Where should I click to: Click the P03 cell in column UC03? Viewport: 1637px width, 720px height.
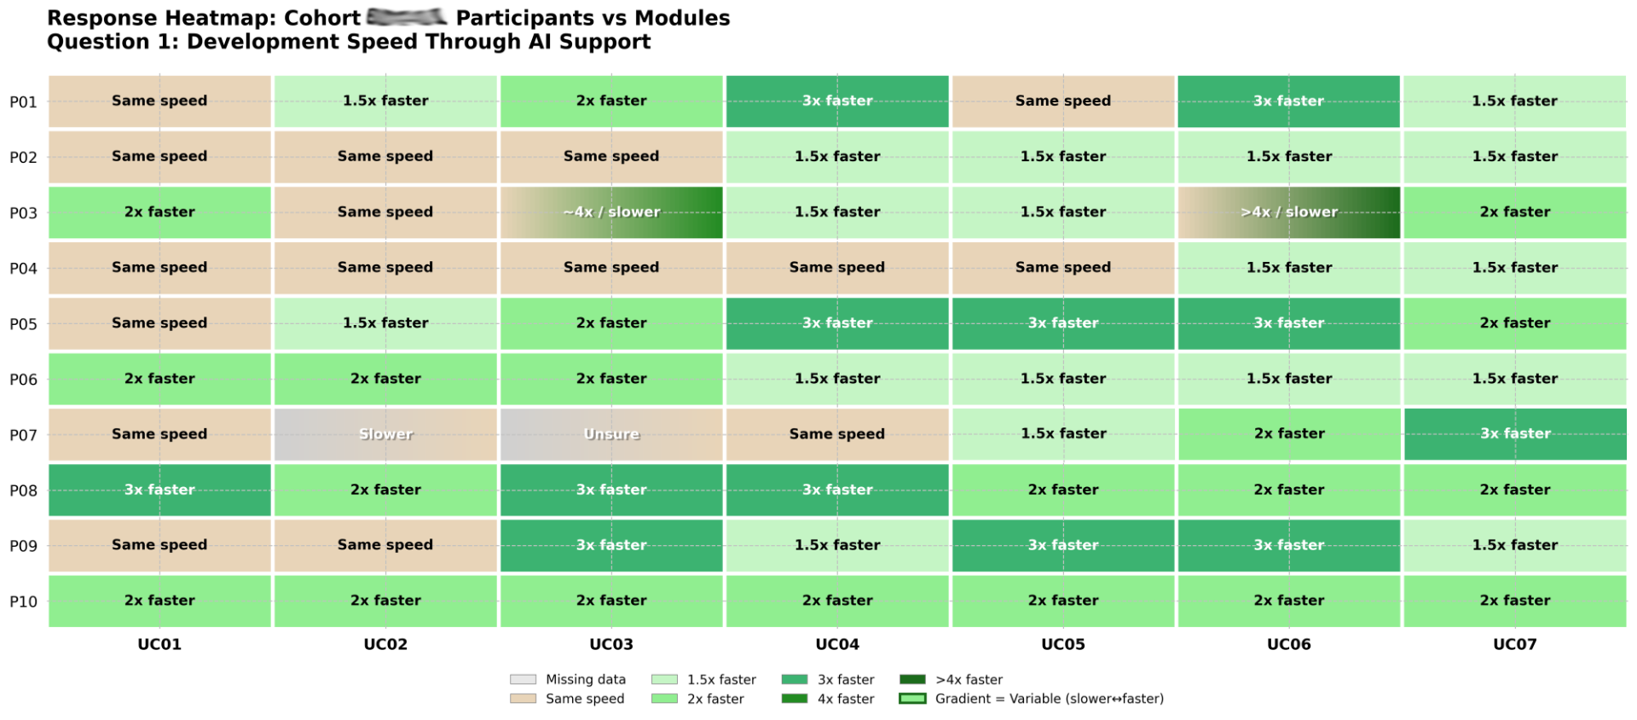tap(611, 212)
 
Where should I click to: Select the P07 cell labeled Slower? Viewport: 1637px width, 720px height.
tap(385, 434)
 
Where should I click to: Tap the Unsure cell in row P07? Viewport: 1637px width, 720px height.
tap(611, 434)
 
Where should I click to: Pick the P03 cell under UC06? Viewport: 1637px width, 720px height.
tap(1288, 212)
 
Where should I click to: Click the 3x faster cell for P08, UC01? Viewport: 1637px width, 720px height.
tap(159, 490)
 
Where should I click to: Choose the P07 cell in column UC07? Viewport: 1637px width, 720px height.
tap(1514, 434)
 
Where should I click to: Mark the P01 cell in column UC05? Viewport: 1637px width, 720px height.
tap(1062, 102)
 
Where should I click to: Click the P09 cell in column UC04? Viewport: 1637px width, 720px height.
tap(837, 545)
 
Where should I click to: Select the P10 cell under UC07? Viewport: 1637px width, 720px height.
tap(1514, 601)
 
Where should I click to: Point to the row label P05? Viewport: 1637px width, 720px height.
tap(24, 324)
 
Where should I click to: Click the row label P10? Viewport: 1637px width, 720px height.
tap(24, 601)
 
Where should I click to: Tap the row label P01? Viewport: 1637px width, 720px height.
tap(24, 102)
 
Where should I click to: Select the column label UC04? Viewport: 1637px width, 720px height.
tap(837, 644)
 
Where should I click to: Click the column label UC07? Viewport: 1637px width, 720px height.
tap(1514, 644)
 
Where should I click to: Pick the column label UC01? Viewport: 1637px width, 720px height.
tap(159, 644)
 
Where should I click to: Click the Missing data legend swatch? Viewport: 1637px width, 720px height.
tap(523, 680)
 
